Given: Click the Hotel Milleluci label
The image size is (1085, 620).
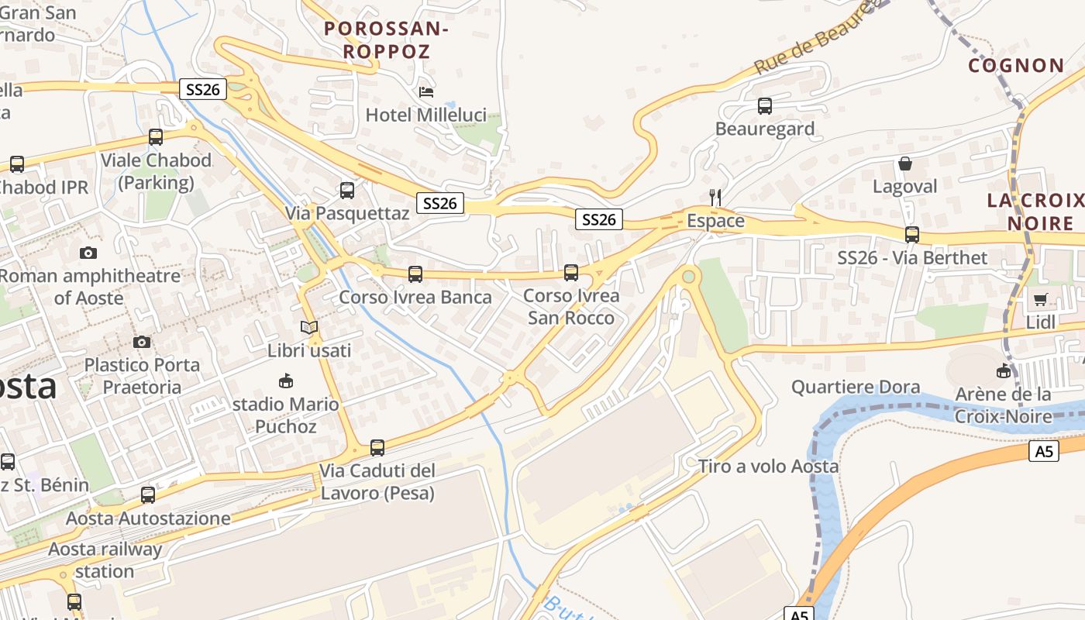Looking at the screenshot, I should click(426, 115).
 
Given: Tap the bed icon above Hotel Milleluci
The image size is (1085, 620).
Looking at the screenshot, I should click(426, 91).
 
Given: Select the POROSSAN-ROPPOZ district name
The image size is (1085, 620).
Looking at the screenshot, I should click(387, 40).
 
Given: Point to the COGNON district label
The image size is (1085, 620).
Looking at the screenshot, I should click(1016, 66).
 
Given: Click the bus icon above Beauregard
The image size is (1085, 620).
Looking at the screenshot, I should click(765, 106).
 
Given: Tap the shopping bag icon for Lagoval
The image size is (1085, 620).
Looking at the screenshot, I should click(904, 164).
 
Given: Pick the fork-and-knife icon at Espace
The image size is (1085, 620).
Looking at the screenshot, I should click(715, 198).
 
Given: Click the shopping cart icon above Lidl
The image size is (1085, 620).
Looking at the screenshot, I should click(1040, 299).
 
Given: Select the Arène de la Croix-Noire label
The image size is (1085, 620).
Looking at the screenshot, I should click(1003, 405).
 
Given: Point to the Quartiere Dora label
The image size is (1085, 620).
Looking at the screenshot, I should click(856, 387).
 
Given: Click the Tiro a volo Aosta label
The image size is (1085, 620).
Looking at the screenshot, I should click(768, 467).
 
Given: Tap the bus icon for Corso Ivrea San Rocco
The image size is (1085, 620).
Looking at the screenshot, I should click(571, 272).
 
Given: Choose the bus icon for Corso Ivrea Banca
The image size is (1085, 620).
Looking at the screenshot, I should click(415, 274).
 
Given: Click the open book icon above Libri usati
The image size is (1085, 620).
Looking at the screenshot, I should click(309, 327).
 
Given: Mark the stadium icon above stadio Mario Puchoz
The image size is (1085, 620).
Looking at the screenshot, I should click(286, 381).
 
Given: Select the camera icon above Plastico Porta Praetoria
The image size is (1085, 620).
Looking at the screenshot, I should click(142, 342).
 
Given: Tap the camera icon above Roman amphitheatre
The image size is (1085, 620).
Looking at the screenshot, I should click(88, 253).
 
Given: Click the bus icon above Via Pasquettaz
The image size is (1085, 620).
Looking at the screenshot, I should click(347, 190).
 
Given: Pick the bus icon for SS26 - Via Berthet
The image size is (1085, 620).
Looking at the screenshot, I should click(912, 234).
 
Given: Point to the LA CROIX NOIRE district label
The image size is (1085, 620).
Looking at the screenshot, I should click(1035, 212).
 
